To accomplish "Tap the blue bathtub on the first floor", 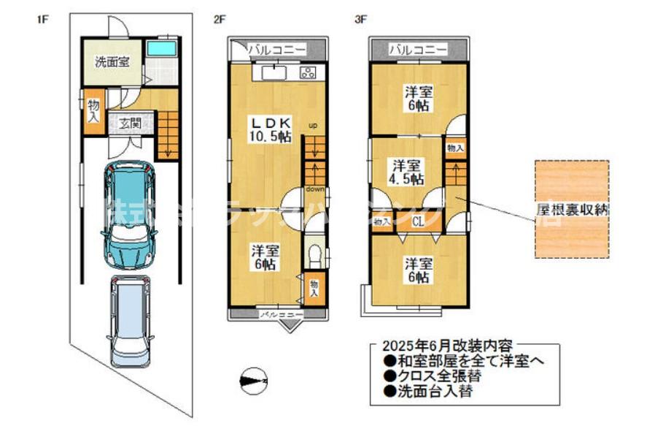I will pos(161,49).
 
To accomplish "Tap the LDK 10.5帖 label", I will pos(272,128).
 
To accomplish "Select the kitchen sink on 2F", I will pos(272,72).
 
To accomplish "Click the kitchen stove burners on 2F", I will pos(307,72).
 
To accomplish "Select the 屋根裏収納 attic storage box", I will pos(572,209).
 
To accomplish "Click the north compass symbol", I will pos(253,379).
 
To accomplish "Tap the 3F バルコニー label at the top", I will pos(418,50).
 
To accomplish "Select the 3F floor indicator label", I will pos(360,20).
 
